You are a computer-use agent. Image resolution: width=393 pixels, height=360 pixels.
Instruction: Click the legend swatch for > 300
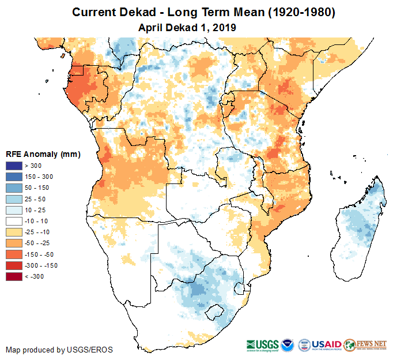(x=14, y=166)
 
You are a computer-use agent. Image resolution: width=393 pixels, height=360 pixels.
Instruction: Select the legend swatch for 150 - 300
(x=14, y=177)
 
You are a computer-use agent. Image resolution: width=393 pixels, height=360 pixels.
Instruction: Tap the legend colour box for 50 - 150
(x=14, y=188)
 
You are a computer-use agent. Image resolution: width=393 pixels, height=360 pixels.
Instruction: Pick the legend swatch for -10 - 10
(x=14, y=221)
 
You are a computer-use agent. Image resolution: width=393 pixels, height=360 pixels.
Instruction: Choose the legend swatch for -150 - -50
(x=14, y=254)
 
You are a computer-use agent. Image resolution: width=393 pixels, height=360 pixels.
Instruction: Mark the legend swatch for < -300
(x=14, y=276)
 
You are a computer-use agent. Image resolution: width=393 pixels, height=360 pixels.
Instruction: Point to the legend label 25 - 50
(x=34, y=199)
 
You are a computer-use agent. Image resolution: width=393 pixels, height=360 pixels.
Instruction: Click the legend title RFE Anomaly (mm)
(x=43, y=154)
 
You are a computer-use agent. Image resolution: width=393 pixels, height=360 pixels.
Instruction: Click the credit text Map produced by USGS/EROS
(x=59, y=350)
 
